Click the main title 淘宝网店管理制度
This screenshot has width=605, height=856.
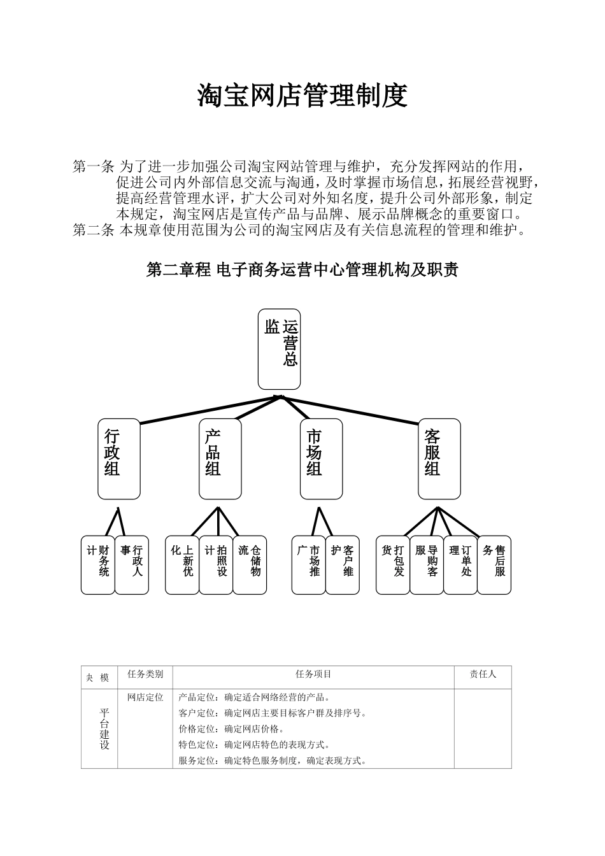(302, 96)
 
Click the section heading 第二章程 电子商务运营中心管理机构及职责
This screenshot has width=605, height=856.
(302, 270)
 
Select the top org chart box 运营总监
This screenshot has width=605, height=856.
(279, 349)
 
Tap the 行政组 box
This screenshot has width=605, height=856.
(119, 459)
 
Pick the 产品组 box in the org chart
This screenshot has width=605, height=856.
(220, 459)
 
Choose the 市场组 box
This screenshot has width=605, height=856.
(321, 459)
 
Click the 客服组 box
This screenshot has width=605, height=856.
(439, 459)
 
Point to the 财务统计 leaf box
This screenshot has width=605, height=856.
(98, 565)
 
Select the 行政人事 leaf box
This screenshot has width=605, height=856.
(132, 565)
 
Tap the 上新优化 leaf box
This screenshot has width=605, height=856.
(182, 565)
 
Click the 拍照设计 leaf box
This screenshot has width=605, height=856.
(216, 565)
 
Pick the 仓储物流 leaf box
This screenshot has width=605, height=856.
(250, 565)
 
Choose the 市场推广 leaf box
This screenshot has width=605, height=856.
(309, 565)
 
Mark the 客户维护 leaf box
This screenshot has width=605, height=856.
(343, 565)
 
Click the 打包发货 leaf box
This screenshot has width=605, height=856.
(393, 565)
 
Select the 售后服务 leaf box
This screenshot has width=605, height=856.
(494, 565)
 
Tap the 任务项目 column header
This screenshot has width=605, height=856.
(313, 674)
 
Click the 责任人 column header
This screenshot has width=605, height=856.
(483, 674)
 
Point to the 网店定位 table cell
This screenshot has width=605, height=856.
(145, 697)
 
